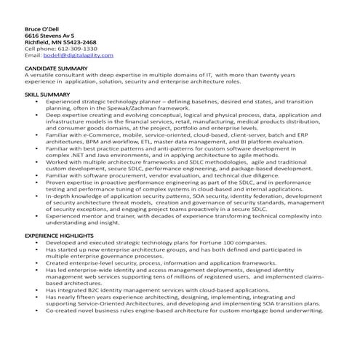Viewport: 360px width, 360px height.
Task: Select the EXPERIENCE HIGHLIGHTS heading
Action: pos(58,236)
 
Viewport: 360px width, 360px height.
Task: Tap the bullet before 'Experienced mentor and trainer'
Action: pos(36,216)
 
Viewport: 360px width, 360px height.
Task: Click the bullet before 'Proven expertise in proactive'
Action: pos(36,182)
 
